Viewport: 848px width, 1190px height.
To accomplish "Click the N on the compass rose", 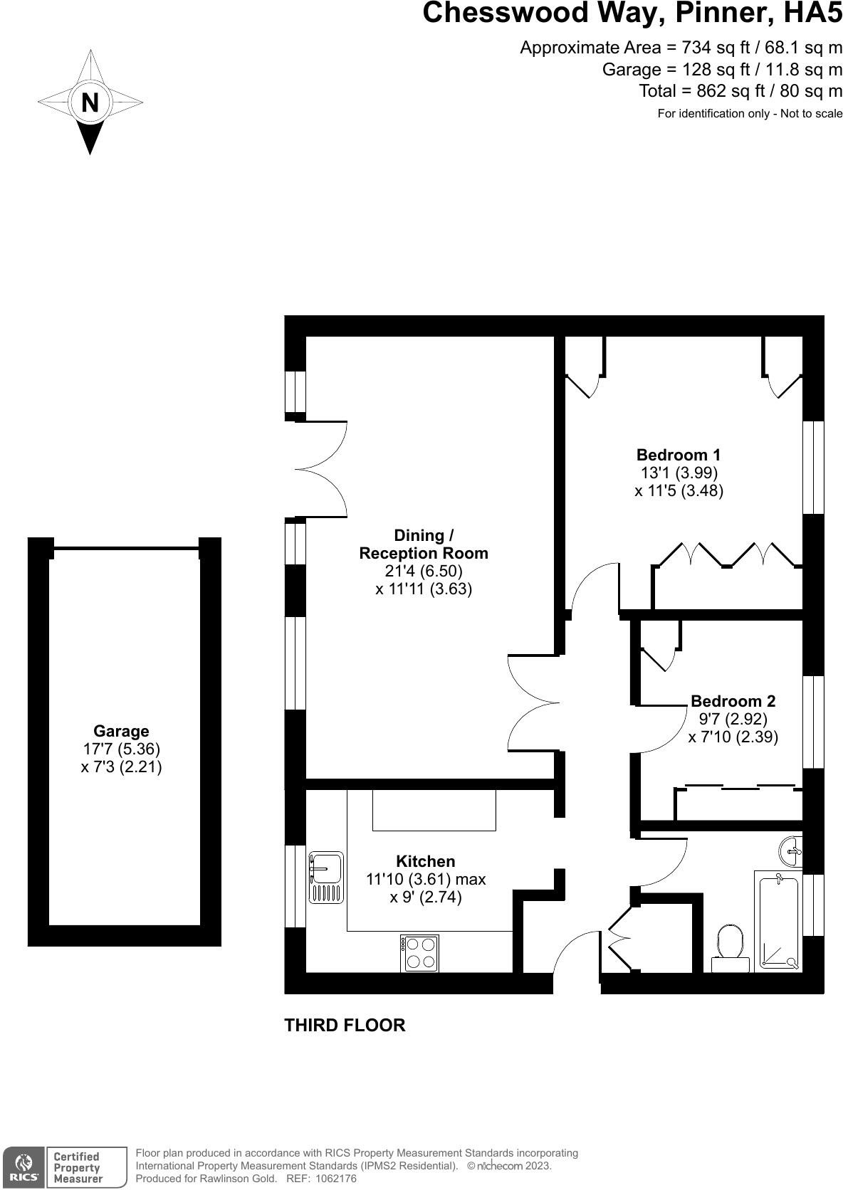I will coord(90,102).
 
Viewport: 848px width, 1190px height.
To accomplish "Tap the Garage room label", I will coord(121,731).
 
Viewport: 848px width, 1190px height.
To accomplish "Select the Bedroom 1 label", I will coord(678,454).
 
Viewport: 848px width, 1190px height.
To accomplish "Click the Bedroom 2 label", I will coord(733,701).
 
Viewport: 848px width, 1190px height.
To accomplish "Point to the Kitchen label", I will coord(425,861).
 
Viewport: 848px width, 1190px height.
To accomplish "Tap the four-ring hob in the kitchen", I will coord(419,953).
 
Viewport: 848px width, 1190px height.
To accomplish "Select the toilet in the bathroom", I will coord(731,944).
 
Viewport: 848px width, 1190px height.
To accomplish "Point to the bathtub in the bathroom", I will coord(778,922).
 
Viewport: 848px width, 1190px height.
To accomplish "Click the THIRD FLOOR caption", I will coord(345,1026).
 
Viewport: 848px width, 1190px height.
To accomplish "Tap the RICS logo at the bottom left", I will coord(23,1167).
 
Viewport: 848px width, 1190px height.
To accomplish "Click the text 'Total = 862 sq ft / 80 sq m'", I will coord(740,91).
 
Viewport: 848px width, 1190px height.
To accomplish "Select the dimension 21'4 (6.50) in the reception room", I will coord(424,571).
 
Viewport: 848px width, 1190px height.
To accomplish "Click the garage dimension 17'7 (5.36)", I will coord(121,749).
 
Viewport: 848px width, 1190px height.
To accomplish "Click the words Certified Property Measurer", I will coord(78,1167).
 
